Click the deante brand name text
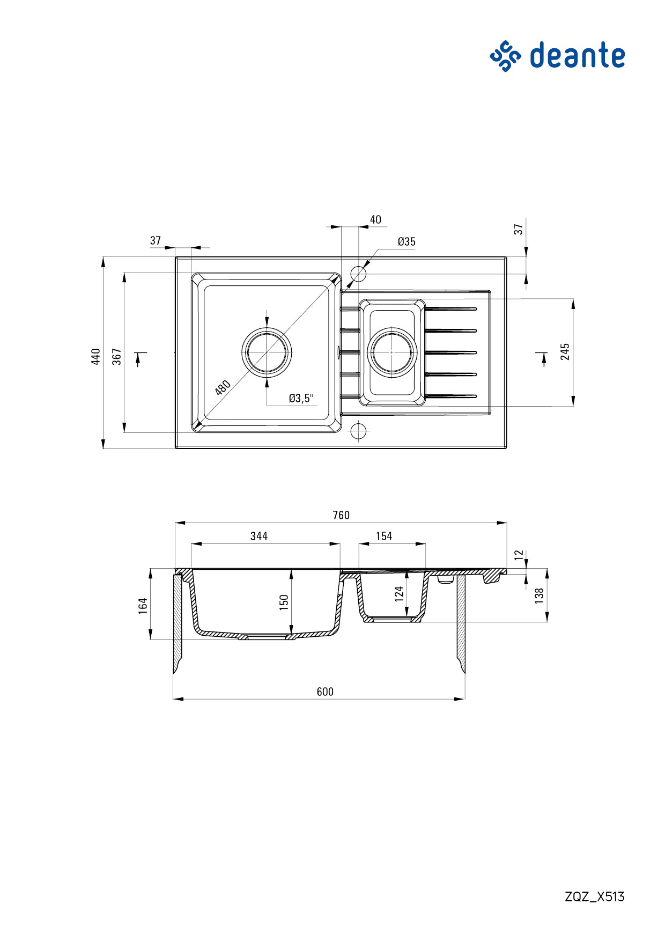point(577,56)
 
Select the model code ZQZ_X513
point(594,896)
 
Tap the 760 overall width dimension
point(341,515)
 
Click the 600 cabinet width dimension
point(325,692)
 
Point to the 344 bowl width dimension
point(259,536)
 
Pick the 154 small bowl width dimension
point(384,536)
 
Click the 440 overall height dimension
point(96,356)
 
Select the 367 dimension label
point(117,356)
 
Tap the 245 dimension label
point(565,351)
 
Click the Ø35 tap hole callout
point(407,241)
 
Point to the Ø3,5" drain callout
point(300,398)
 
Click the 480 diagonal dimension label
point(223,387)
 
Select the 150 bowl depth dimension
point(284,602)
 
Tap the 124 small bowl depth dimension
point(399,594)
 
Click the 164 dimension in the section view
point(143,606)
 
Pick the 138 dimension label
point(540,596)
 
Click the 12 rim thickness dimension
point(519,555)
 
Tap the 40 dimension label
point(375,219)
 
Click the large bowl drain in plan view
point(267,352)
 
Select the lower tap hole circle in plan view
point(358,431)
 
